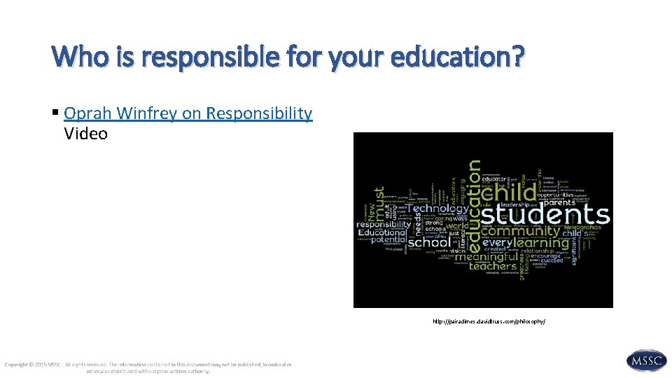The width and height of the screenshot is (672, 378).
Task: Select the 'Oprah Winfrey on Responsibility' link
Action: [188, 113]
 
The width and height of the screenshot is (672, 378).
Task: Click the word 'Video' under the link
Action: [85, 133]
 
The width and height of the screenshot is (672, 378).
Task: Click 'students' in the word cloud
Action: [544, 214]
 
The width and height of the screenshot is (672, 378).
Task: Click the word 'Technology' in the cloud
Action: [437, 209]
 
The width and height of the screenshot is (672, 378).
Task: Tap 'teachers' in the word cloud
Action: [492, 266]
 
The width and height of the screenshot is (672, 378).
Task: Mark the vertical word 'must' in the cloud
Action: [379, 204]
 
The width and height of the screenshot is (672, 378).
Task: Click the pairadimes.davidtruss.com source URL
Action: [489, 321]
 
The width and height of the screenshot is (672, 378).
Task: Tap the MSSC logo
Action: [647, 361]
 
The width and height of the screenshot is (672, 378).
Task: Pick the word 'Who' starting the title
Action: [73, 55]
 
